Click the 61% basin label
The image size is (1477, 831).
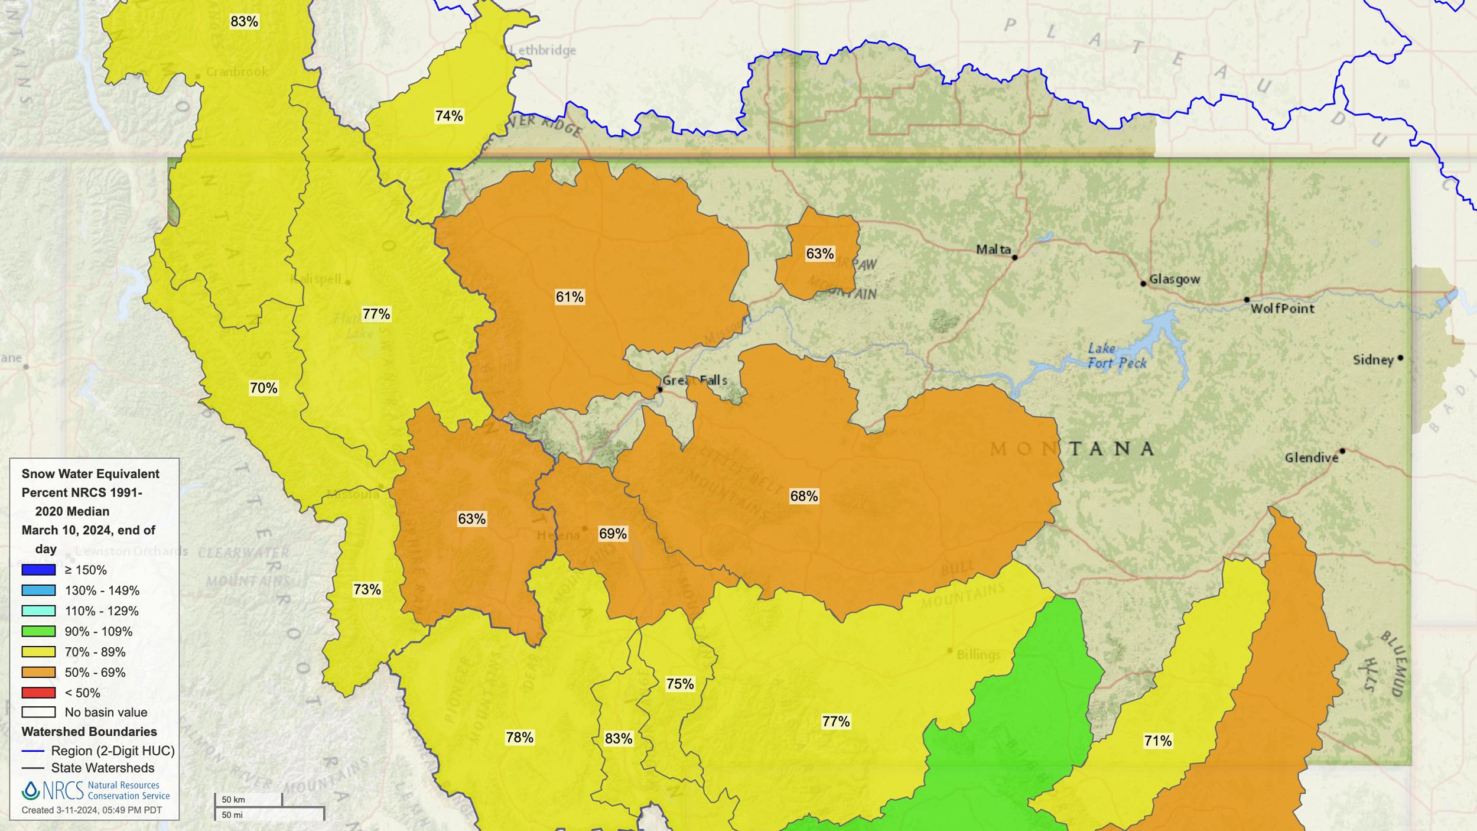(570, 297)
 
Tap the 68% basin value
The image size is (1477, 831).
(803, 496)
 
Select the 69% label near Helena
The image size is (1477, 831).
(613, 534)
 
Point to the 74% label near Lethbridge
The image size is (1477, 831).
(449, 116)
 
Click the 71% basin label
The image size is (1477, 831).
(1157, 741)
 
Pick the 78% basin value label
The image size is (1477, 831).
(519, 737)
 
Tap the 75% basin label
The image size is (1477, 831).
(679, 684)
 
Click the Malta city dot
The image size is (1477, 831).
(1014, 258)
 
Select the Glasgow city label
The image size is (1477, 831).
(1175, 279)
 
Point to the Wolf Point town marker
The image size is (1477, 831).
(1247, 300)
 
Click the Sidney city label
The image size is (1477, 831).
(1373, 360)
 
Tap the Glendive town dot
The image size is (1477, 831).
(1342, 451)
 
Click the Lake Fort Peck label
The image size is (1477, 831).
(1117, 356)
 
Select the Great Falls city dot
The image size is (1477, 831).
(660, 389)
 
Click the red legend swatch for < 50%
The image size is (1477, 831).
(38, 692)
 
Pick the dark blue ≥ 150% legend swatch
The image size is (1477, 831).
(38, 570)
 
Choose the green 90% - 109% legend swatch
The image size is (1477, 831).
(38, 631)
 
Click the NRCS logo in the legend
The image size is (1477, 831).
(53, 790)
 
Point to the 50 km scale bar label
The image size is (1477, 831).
(233, 800)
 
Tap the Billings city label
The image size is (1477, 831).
(978, 654)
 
